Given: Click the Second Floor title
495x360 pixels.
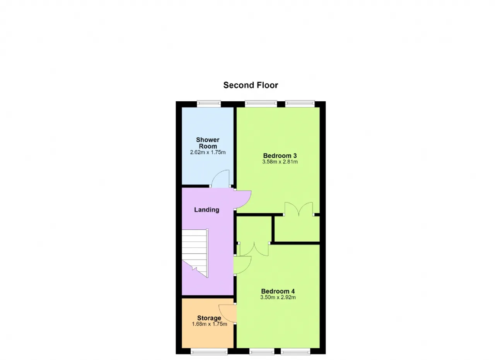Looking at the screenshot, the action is coord(251,85).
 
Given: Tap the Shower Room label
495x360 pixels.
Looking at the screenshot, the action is coord(208,143).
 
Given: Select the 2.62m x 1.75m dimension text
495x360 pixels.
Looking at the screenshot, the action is coord(208,152).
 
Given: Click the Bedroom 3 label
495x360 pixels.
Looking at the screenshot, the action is coord(280,155).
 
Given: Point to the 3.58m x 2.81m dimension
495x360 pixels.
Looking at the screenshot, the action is coord(280,162).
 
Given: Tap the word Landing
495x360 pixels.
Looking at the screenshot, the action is coord(207,210).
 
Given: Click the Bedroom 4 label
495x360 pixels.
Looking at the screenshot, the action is coord(278,291).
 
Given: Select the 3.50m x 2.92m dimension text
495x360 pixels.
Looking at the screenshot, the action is coord(278,297).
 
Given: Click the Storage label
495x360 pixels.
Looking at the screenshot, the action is coord(209,318).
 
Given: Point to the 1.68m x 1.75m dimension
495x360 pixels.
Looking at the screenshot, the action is coord(210,324).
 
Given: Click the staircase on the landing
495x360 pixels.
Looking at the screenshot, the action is coord(195,253).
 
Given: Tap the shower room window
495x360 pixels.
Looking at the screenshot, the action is coord(209,104).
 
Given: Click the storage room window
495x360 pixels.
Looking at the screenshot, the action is coord(209,351).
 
